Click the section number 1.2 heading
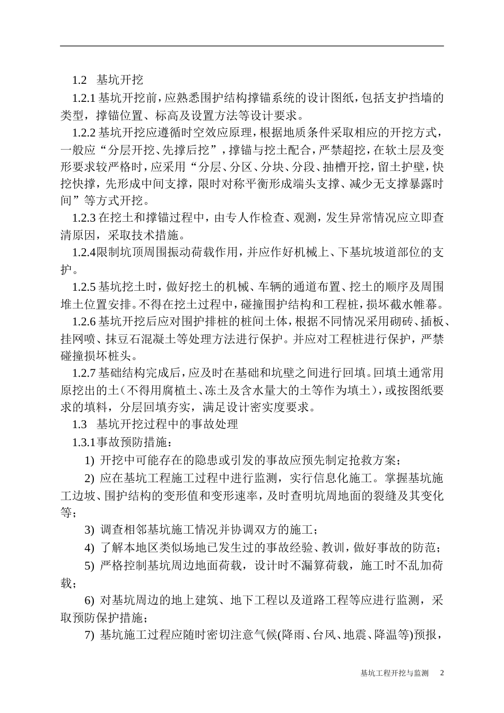pos(79,81)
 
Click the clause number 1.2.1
pos(83,98)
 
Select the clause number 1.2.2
pos(83,132)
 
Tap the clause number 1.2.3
pos(83,218)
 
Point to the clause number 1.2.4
pos(83,252)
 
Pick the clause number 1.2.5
pos(83,287)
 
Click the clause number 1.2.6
pos(83,321)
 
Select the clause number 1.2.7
pos(83,373)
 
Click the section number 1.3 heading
pos(79,424)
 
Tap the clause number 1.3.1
pos(83,442)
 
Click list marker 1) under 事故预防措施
pos(90,459)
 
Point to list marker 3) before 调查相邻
pos(90,530)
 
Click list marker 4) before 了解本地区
pos(90,547)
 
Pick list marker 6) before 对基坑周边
pos(90,601)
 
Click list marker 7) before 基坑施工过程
pos(90,635)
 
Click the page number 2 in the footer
pos(441,673)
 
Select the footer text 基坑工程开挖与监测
pos(394,673)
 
